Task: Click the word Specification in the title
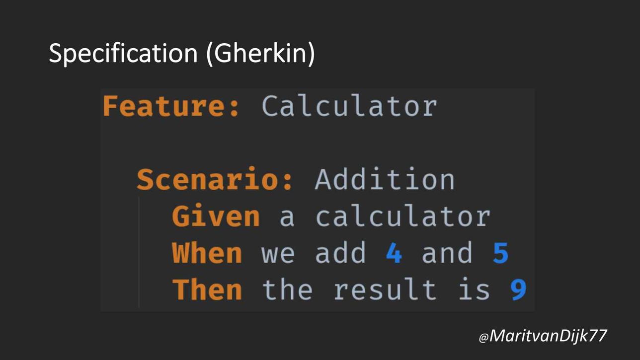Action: pyautogui.click(x=123, y=54)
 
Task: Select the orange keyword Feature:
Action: pyautogui.click(x=171, y=106)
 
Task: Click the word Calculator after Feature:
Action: pyautogui.click(x=349, y=106)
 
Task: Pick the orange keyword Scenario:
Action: pyautogui.click(x=215, y=179)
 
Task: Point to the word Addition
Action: pyautogui.click(x=385, y=179)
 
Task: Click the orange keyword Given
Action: pyautogui.click(x=216, y=216)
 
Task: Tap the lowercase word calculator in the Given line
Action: pyautogui.click(x=403, y=216)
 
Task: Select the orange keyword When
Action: pyautogui.click(x=207, y=253)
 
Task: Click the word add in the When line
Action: pyautogui.click(x=340, y=253)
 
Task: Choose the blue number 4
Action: pyautogui.click(x=394, y=253)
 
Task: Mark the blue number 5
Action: pyautogui.click(x=500, y=253)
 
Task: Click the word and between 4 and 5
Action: pyautogui.click(x=447, y=253)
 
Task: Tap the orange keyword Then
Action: pyautogui.click(x=207, y=289)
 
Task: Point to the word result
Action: pyautogui.click(x=385, y=289)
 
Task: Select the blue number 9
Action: pyautogui.click(x=518, y=290)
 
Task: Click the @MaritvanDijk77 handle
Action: pyautogui.click(x=543, y=336)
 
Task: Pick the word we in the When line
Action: pyautogui.click(x=278, y=255)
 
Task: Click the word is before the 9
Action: pyautogui.click(x=474, y=289)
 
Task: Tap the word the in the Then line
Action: pyautogui.click(x=287, y=289)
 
